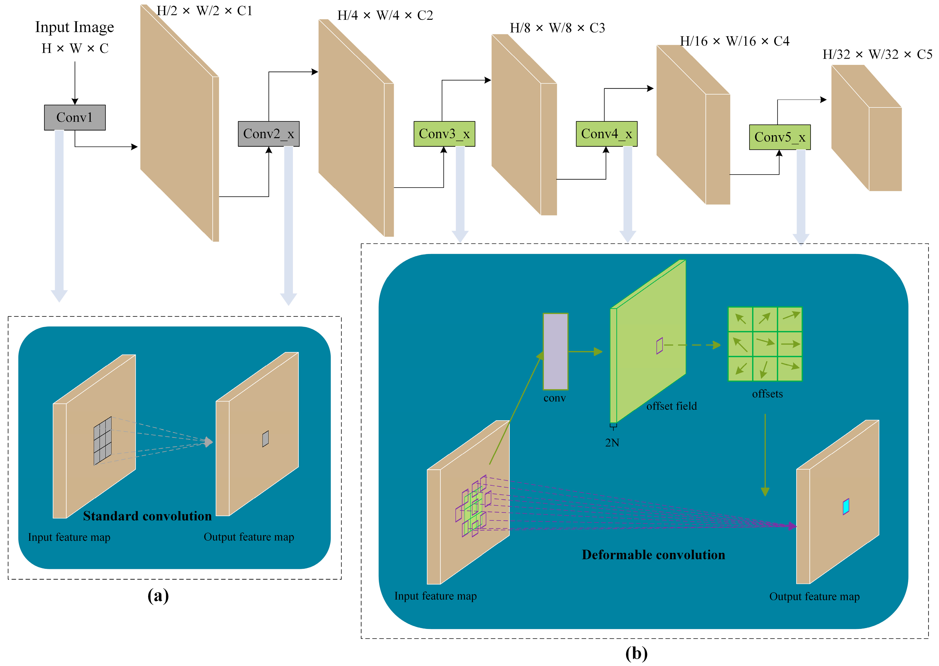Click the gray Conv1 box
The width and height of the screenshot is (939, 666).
tap(75, 118)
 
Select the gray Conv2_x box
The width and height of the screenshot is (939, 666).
tap(268, 134)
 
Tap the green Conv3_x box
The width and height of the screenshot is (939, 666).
tap(444, 134)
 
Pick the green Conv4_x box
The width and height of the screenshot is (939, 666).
tap(606, 134)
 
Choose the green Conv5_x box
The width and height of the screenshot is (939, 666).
tap(780, 137)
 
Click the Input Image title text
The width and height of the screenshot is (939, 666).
tap(75, 27)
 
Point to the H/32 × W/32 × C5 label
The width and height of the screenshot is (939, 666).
tap(877, 54)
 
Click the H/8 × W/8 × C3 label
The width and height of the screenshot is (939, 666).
tap(557, 28)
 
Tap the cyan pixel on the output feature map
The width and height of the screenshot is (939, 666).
tap(846, 507)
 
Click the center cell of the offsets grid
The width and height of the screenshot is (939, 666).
tap(765, 344)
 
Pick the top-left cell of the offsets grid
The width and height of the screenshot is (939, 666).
tap(740, 319)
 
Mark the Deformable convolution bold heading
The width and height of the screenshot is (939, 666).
tap(653, 555)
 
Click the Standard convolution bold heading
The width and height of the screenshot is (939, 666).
tap(147, 516)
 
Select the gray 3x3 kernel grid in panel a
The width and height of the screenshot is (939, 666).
tap(102, 441)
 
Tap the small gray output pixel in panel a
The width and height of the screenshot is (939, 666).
tap(265, 438)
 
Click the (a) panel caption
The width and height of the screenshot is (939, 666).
tap(158, 595)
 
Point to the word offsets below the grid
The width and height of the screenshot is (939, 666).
tap(767, 394)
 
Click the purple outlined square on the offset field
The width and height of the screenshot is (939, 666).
tap(659, 346)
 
